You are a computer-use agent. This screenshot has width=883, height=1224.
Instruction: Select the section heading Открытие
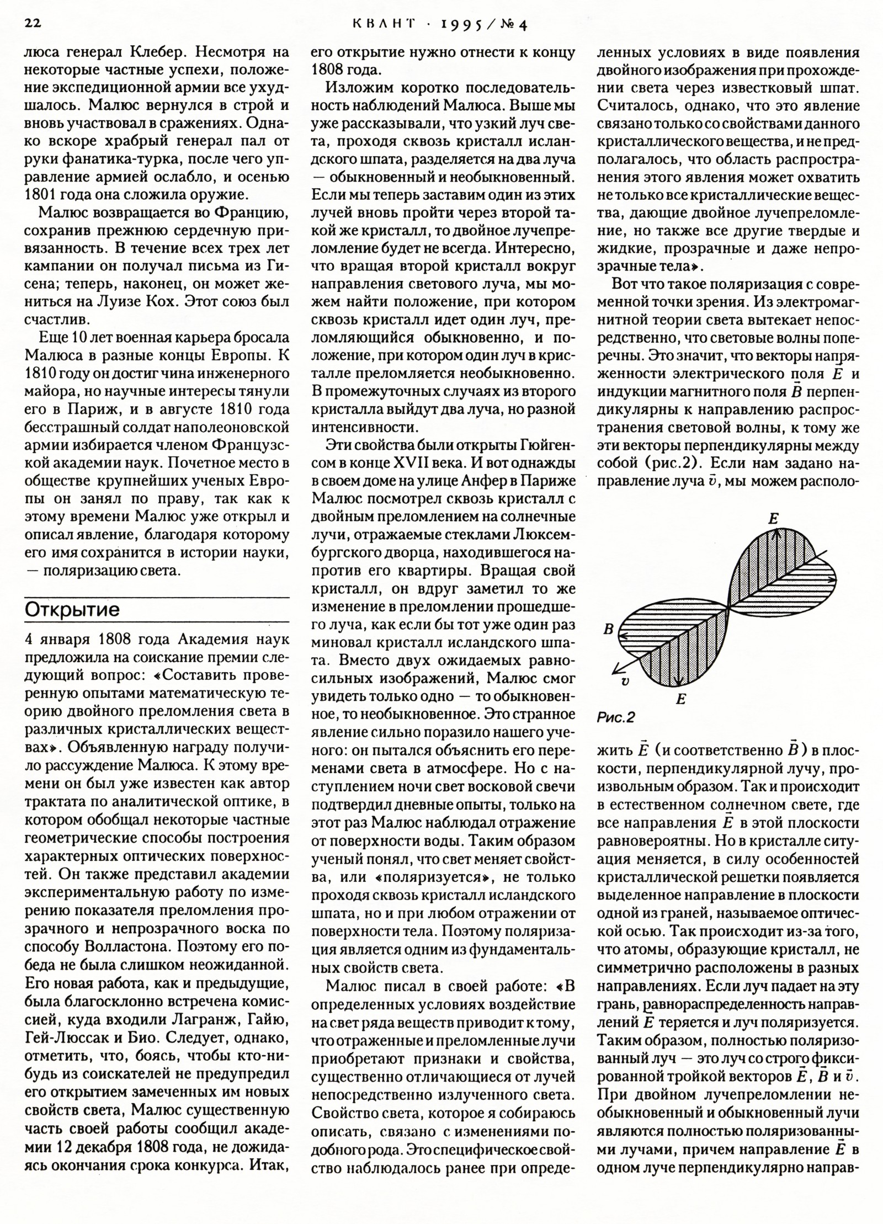72,610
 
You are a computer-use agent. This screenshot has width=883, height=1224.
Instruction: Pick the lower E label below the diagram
680,700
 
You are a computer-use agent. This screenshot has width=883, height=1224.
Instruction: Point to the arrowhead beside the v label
615,670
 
